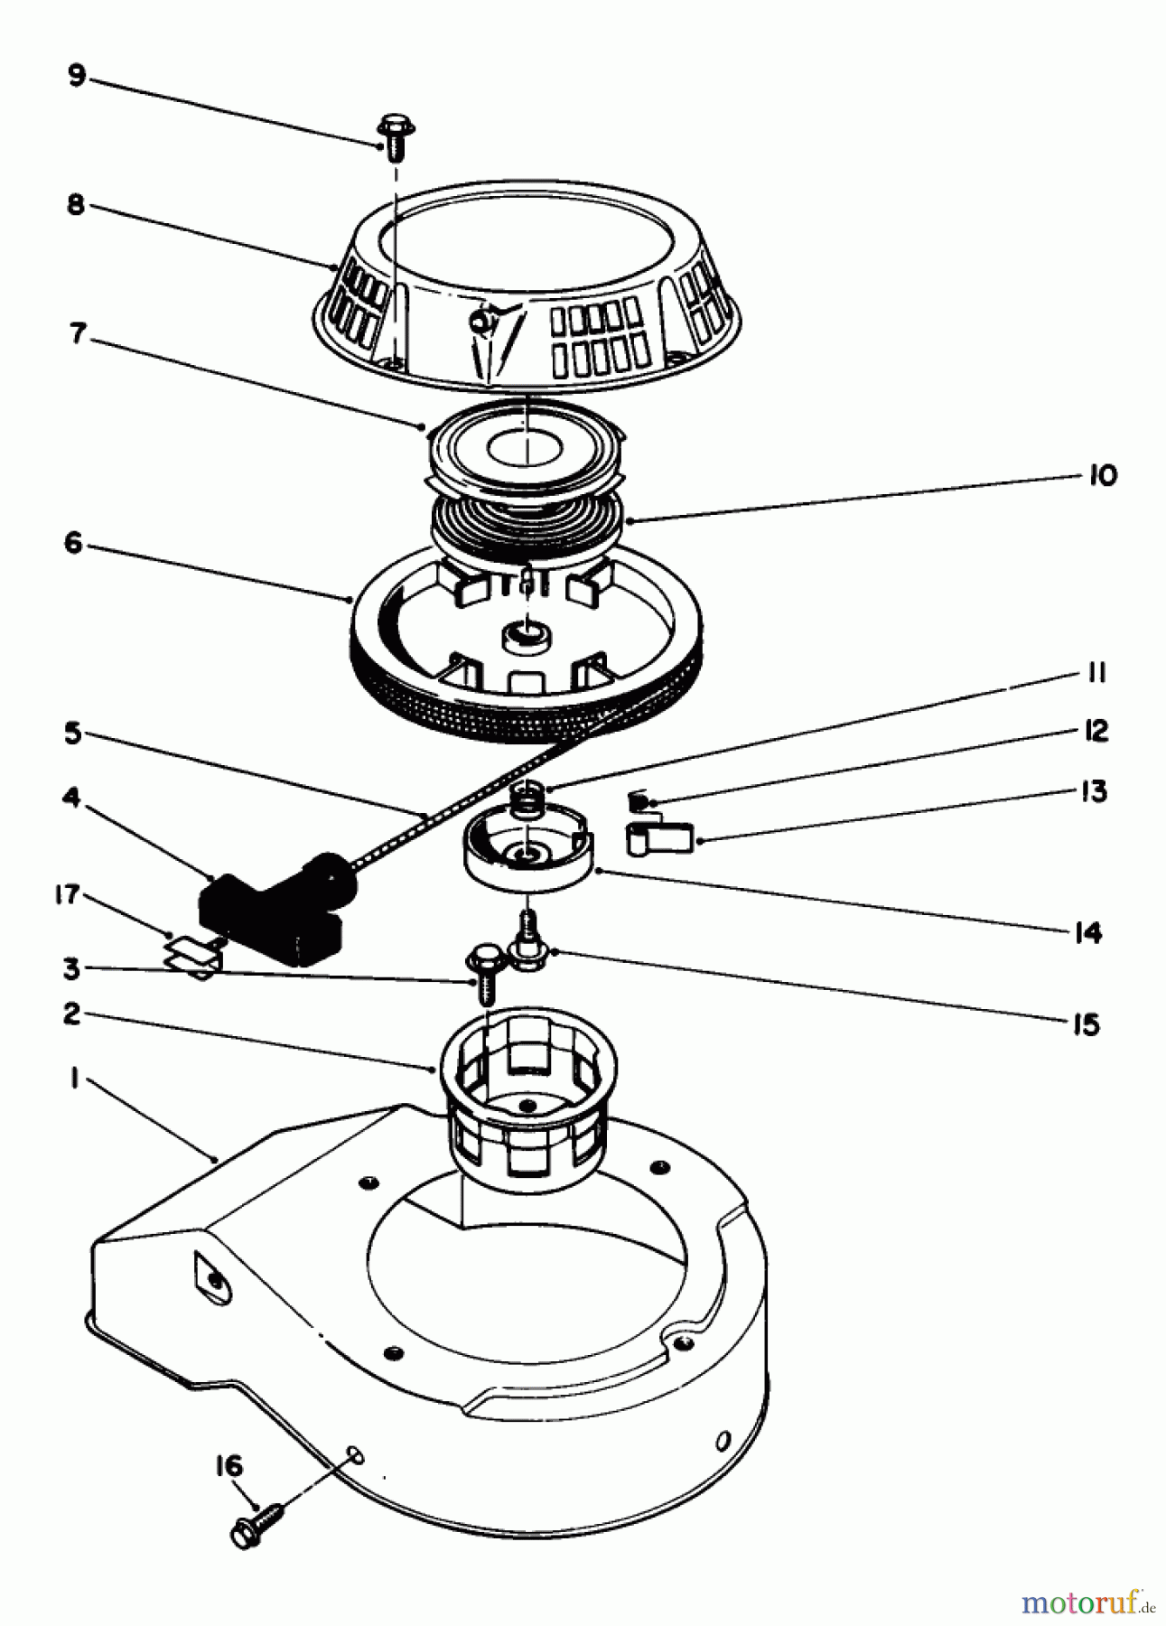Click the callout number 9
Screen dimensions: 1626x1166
(77, 75)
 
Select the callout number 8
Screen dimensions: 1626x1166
(76, 205)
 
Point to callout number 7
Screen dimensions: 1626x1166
(78, 333)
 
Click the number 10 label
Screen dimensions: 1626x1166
(1102, 475)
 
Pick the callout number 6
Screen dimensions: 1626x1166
(73, 543)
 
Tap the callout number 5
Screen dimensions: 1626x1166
(73, 732)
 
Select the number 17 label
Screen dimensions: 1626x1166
(68, 895)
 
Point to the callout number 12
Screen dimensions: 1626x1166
(1096, 731)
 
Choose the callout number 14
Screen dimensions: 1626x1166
(1088, 931)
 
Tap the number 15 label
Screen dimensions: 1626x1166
(1087, 1024)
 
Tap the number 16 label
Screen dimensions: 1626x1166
(229, 1465)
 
